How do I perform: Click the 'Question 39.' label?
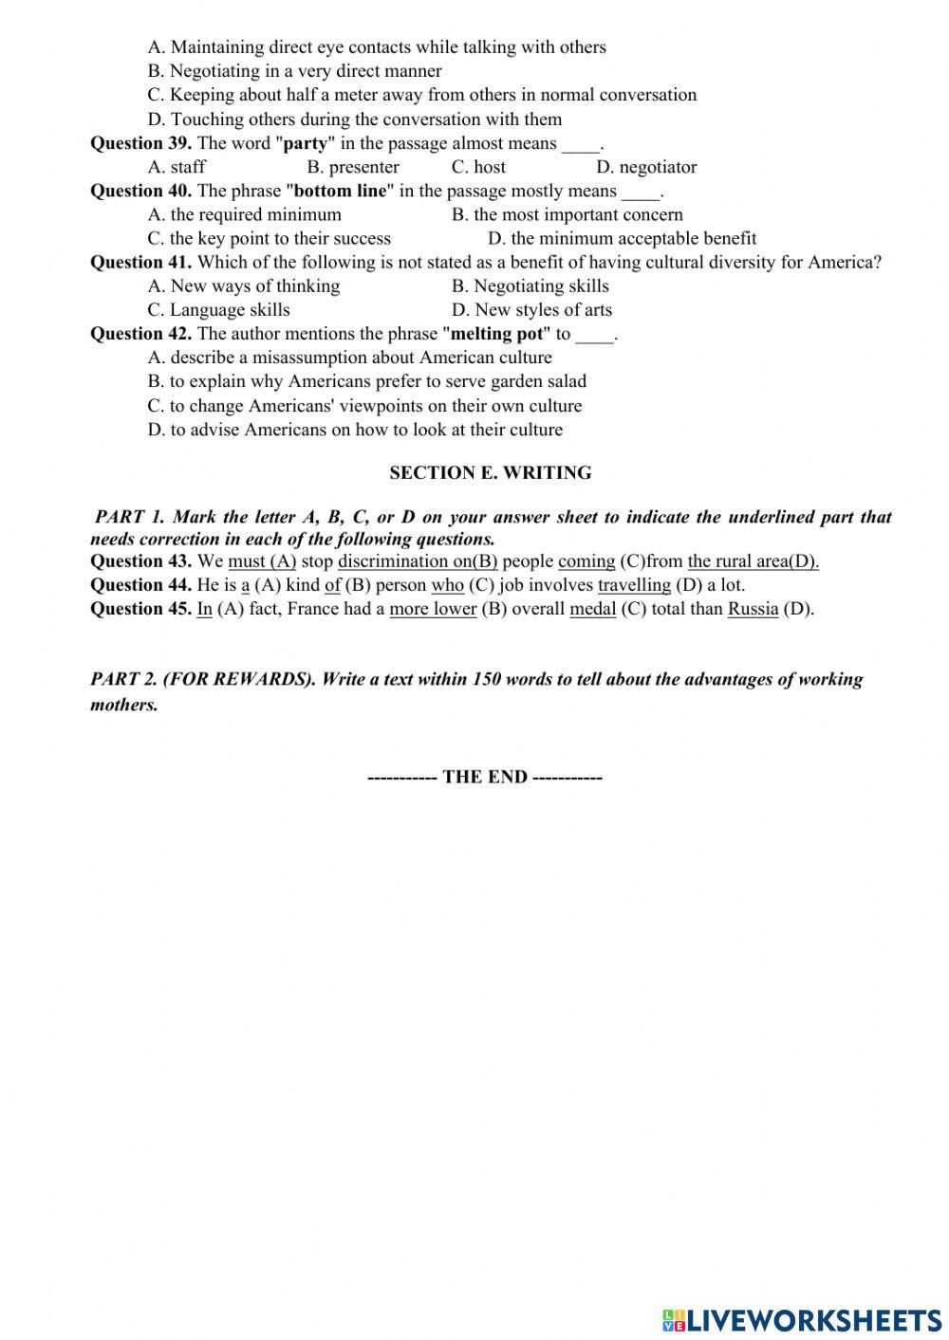coord(140,143)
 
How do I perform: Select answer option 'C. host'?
coord(478,167)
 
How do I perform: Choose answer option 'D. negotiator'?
coord(646,167)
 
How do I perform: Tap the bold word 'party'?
coord(305,143)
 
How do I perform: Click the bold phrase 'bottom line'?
coord(341,191)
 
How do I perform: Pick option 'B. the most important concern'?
coord(567,214)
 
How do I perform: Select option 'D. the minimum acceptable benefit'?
coord(622,238)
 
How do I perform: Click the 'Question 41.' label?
coord(140,262)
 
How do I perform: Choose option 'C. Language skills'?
coord(218,309)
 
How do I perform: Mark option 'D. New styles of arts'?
coord(531,309)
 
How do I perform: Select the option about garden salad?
coord(366,381)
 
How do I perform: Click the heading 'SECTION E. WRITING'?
coord(490,472)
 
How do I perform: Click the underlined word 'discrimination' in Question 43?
coord(394,560)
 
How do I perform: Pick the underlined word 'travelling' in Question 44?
coord(634,584)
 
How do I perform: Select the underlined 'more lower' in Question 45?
coord(433,608)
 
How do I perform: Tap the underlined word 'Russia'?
coord(753,608)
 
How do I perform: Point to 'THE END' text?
coord(484,777)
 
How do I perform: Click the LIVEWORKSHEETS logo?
coord(802,1319)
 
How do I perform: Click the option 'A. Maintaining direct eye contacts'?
coord(376,46)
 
